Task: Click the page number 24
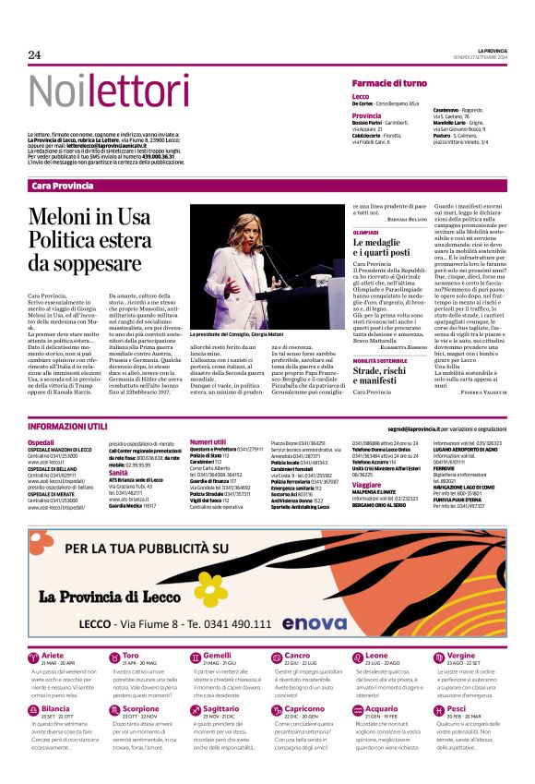(34, 54)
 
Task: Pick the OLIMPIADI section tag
(366, 232)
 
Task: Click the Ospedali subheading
(42, 442)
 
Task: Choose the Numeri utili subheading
(208, 442)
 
